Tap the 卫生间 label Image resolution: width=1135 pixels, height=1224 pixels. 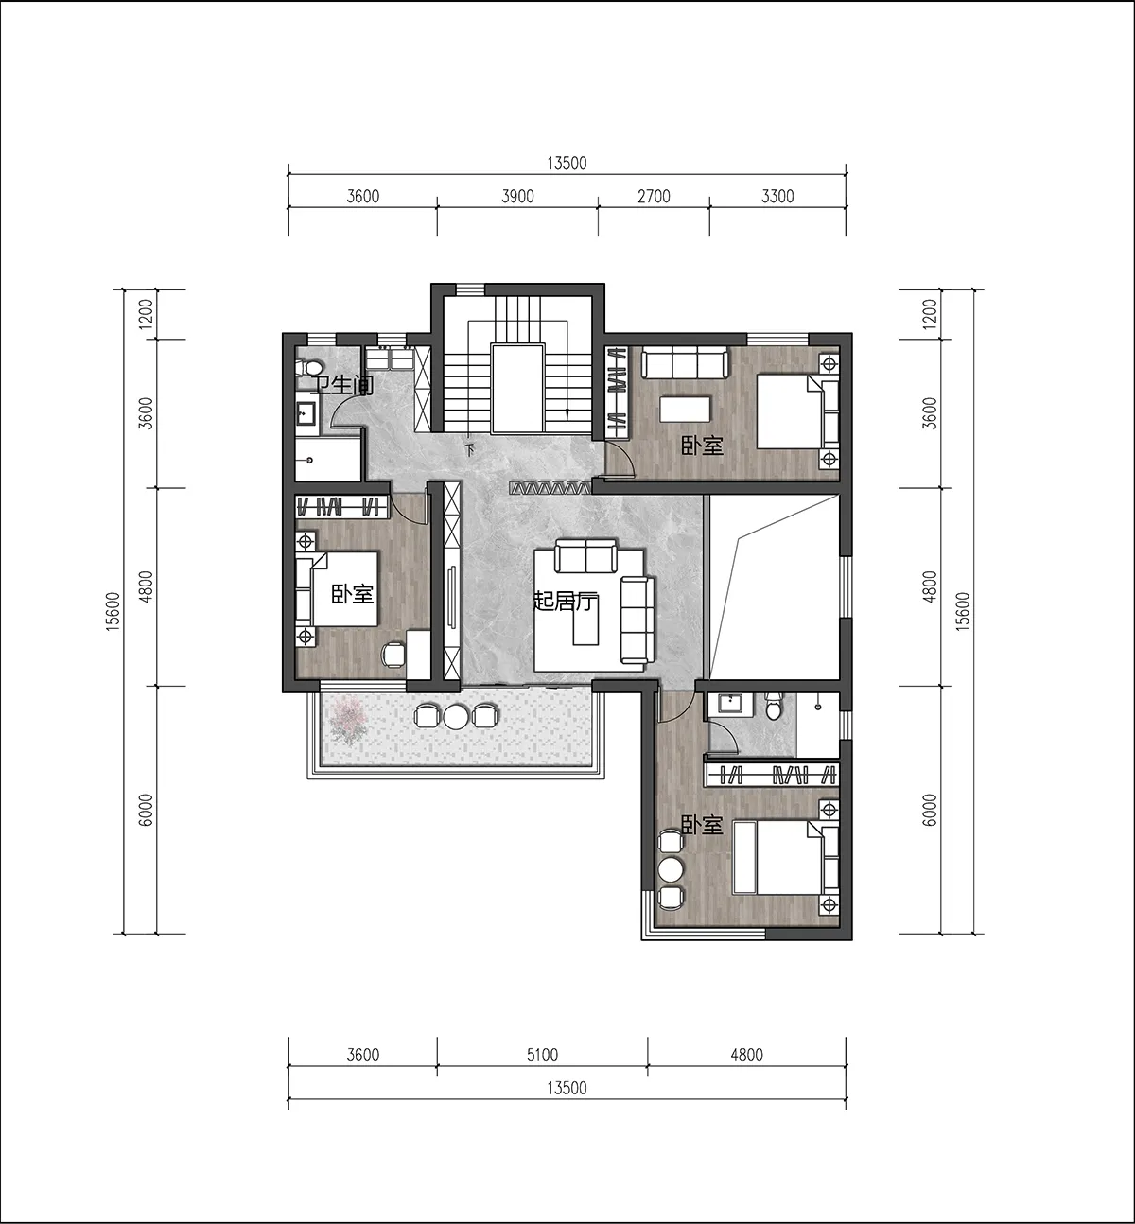[342, 386]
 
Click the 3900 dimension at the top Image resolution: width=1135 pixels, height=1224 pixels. [517, 197]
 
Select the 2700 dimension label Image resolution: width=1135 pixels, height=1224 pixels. [654, 197]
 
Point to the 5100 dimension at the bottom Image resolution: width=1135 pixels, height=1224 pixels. [542, 1055]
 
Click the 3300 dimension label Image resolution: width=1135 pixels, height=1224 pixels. [777, 197]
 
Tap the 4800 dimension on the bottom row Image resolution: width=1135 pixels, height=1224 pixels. [746, 1055]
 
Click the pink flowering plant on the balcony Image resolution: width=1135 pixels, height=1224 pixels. [350, 720]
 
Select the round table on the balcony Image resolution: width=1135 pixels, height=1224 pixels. [457, 716]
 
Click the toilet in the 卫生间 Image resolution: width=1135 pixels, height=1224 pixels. [309, 369]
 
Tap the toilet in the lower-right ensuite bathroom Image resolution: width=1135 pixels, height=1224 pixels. [773, 707]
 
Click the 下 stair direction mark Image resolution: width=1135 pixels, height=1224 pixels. [470, 450]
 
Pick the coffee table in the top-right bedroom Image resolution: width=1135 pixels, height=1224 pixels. [685, 409]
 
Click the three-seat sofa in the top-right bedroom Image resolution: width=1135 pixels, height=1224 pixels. [685, 363]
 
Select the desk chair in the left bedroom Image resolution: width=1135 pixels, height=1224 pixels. [393, 655]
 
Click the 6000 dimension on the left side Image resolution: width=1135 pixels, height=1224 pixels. [146, 810]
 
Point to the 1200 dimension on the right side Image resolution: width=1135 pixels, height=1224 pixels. [931, 314]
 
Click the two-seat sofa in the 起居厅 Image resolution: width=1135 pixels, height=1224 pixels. [585, 556]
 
